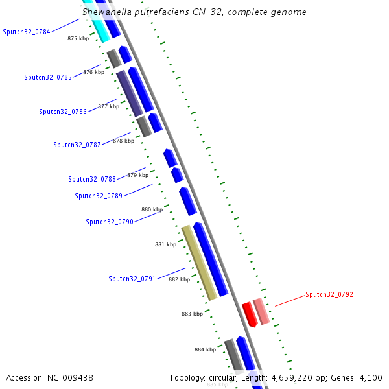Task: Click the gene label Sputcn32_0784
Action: pos(27,31)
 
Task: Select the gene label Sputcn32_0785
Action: pos(48,77)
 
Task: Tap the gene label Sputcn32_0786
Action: pos(63,112)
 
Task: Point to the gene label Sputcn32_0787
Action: pos(77,145)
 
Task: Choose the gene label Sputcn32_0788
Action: pos(92,179)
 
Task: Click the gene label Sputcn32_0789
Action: pos(99,196)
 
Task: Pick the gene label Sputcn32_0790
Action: pos(110,222)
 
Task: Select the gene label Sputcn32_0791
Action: pos(132,279)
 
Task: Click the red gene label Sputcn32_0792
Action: pos(329,294)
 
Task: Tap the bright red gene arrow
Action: pos(249,314)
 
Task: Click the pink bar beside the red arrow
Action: pos(261,311)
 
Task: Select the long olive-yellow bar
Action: pos(199,263)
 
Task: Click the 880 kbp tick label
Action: pos(152,209)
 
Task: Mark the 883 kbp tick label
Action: pos(192,314)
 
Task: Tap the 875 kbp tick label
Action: pos(78,39)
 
